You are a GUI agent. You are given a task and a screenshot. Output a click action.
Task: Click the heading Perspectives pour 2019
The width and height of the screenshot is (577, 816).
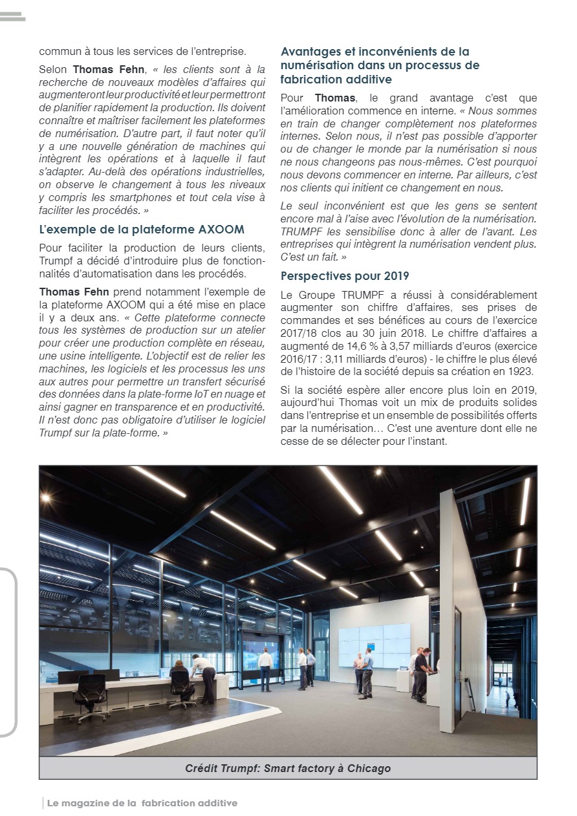[345, 277]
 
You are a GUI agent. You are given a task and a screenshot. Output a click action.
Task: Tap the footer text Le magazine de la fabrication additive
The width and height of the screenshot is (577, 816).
[142, 803]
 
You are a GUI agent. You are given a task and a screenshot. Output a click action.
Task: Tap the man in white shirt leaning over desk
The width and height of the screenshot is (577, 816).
[204, 675]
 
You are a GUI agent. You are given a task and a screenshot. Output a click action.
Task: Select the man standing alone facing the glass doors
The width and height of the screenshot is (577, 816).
[265, 669]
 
